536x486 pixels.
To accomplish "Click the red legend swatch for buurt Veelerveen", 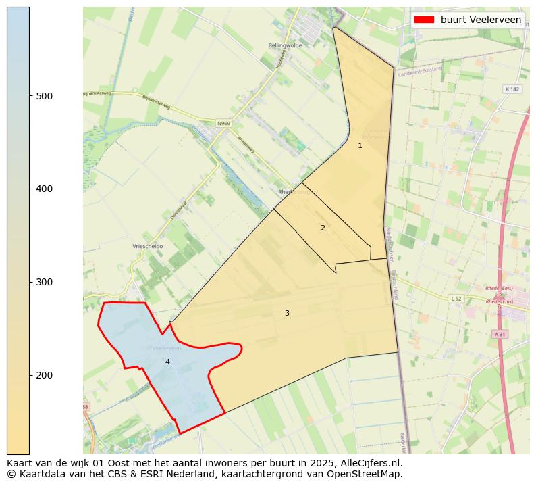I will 424,20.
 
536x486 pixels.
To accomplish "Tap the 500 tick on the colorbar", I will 30,96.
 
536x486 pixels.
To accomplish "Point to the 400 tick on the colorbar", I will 30,189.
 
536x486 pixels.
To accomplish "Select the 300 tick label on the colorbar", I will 45,282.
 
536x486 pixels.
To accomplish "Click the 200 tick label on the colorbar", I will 45,375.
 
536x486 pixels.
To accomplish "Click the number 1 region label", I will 360,145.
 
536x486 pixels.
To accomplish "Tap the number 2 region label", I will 323,228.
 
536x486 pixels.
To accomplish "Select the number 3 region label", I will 287,313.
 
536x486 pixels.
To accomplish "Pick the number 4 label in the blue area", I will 167,362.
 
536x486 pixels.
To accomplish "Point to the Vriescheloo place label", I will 148,247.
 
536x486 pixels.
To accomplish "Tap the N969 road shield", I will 223,124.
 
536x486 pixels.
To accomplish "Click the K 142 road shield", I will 512,89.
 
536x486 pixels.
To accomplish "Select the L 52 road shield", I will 457,298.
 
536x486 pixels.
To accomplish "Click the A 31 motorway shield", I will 500,334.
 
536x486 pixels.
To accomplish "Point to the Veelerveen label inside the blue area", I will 167,348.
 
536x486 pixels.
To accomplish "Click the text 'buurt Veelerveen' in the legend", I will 481,20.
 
